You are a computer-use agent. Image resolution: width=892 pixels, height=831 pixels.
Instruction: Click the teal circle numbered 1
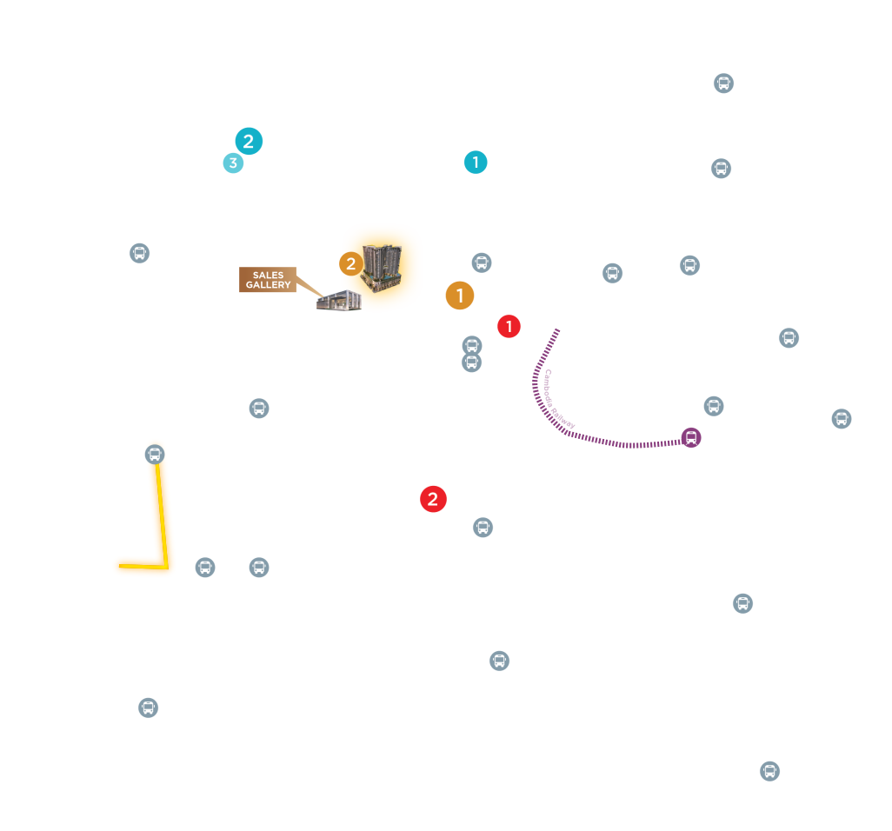point(476,162)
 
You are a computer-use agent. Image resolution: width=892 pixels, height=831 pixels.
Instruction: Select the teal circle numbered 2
point(249,141)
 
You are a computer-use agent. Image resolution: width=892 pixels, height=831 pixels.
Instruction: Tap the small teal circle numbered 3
point(233,163)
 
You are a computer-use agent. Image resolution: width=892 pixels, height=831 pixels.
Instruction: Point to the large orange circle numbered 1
point(460,296)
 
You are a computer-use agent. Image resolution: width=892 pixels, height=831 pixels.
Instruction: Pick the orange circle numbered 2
point(350,263)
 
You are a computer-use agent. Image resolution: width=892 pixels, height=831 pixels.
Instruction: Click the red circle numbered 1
point(509,327)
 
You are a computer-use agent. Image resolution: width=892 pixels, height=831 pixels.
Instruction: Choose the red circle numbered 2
point(433,499)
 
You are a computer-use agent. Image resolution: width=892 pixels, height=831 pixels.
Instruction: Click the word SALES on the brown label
point(268,276)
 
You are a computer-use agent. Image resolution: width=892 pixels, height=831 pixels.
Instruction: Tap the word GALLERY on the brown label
point(268,285)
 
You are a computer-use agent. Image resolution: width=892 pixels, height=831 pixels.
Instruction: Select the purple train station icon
point(691,437)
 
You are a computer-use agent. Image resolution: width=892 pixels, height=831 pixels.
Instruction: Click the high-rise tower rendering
point(383,267)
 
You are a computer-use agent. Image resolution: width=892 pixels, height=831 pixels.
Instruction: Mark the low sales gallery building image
point(339,302)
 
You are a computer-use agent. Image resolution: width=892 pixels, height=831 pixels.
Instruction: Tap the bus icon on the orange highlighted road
point(155,454)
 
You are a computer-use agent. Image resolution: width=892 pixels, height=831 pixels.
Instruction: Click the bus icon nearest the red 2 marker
point(483,527)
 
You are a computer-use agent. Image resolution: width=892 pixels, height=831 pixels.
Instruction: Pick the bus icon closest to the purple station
point(714,406)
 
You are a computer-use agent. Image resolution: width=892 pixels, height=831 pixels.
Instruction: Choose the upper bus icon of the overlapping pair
point(472,345)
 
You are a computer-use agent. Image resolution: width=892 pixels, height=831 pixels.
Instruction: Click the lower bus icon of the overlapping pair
point(471,363)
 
